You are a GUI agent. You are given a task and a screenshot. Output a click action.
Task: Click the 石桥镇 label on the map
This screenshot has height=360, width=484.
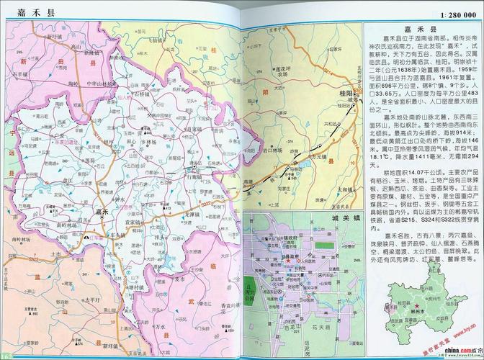click(x=142, y=94)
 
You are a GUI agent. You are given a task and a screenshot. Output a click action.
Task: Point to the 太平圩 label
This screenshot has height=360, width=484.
click(x=91, y=299)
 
